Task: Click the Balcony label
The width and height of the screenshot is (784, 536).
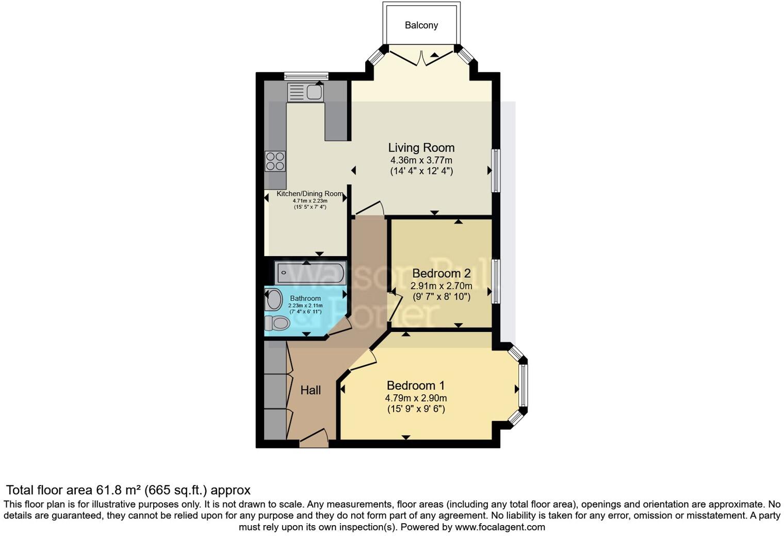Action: coord(421,25)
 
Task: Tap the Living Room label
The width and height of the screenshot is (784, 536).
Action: coord(421,148)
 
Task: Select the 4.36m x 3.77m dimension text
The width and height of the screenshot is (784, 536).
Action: coord(421,160)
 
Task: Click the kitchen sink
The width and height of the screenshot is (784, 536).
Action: coord(305,92)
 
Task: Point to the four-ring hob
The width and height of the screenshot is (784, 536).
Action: coord(275,161)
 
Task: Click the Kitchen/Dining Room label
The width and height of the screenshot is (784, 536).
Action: coord(309,194)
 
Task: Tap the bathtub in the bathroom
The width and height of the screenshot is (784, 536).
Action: coord(311,273)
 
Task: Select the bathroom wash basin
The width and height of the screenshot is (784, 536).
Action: coord(273,299)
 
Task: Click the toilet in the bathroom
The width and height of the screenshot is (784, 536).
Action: coord(277,323)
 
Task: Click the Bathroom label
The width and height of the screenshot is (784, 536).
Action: coord(305,298)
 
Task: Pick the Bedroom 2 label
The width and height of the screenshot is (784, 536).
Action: coord(441,273)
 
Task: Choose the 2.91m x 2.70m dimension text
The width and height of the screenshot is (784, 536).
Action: coord(441,286)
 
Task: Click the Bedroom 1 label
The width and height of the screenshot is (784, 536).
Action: coord(416,386)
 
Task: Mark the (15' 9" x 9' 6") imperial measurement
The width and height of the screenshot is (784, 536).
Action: coord(416,409)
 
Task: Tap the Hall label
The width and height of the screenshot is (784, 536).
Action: coord(311,390)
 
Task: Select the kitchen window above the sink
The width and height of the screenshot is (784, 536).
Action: coord(306,76)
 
